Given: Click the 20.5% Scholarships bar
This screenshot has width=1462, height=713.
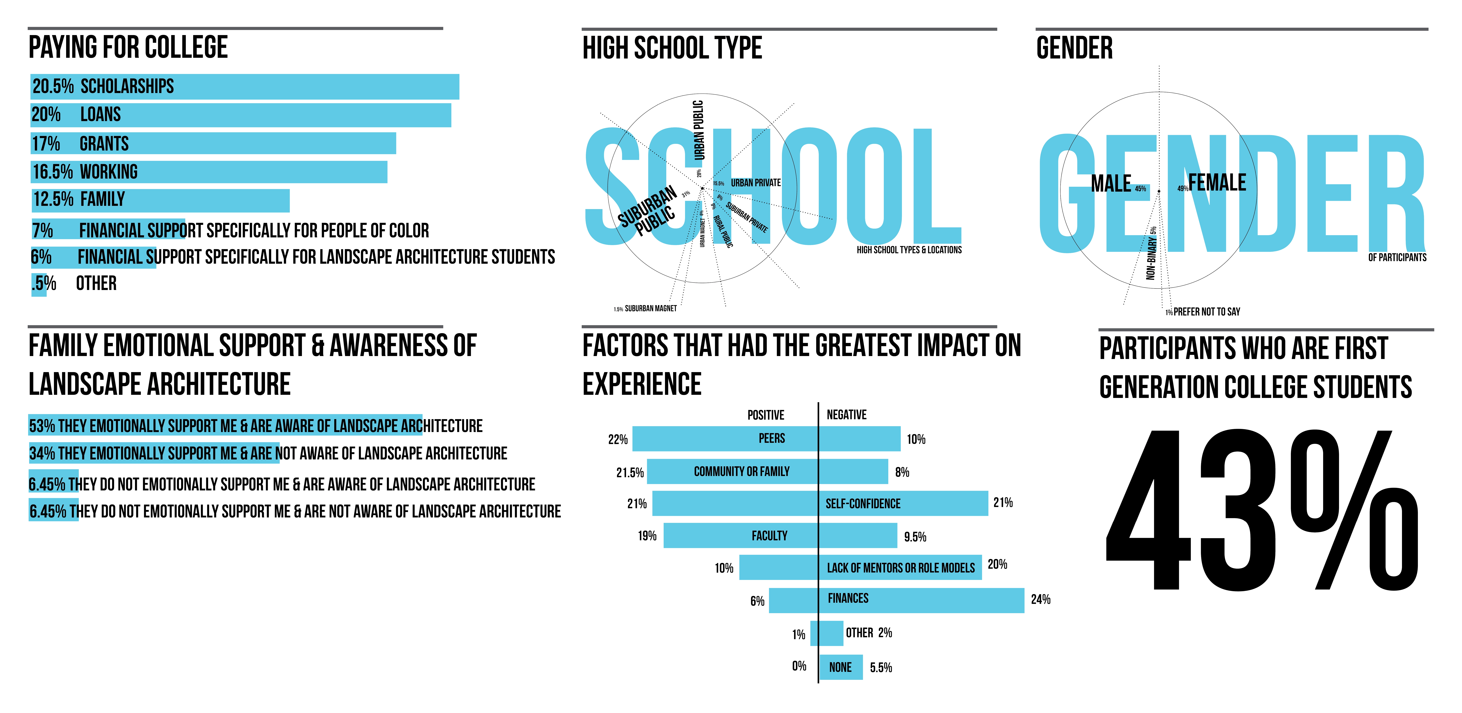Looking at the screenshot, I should pos(244,87).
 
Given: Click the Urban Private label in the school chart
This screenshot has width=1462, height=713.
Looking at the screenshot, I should pos(755,183).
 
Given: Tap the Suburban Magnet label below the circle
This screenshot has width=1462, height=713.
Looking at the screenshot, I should pos(650,309).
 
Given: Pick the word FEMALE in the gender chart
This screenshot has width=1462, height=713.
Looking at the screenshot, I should pos(1217,183).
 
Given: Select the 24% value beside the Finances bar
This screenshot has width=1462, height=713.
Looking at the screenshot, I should pos(1040,599).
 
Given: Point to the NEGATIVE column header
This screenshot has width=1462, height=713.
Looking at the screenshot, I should pos(846,415).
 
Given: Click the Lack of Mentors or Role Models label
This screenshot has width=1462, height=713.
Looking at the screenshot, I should pos(901,568).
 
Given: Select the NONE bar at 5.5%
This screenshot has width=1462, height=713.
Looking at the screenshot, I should pos(841,667).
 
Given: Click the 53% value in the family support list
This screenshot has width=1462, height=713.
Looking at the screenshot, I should pos(42,426).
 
